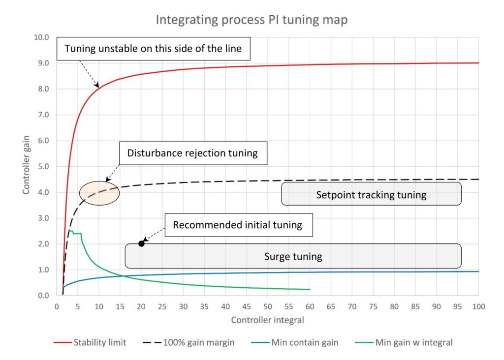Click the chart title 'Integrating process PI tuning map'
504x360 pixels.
coord(252,20)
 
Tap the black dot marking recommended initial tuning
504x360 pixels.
coord(141,243)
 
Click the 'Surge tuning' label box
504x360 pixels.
coord(293,256)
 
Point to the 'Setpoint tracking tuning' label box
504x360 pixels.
coord(371,194)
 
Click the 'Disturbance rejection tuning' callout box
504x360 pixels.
coord(192,153)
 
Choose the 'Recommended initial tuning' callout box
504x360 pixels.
coord(237,225)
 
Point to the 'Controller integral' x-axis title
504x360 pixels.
coord(268,321)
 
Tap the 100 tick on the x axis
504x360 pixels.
coord(478,306)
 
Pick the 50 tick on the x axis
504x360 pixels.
coord(267,306)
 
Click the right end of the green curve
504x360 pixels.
coord(310,289)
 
